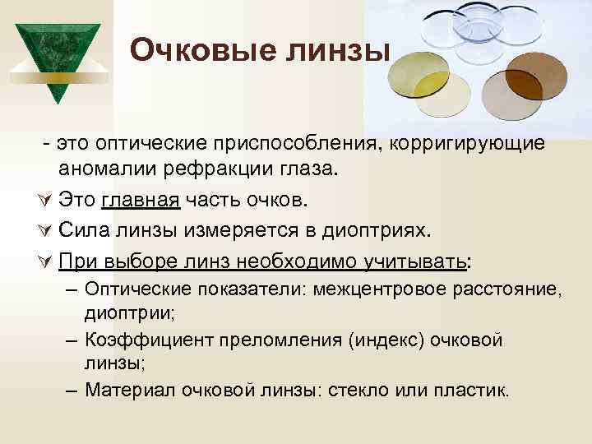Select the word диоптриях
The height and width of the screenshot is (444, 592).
point(401,231)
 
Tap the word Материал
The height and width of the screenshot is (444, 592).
point(124,389)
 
